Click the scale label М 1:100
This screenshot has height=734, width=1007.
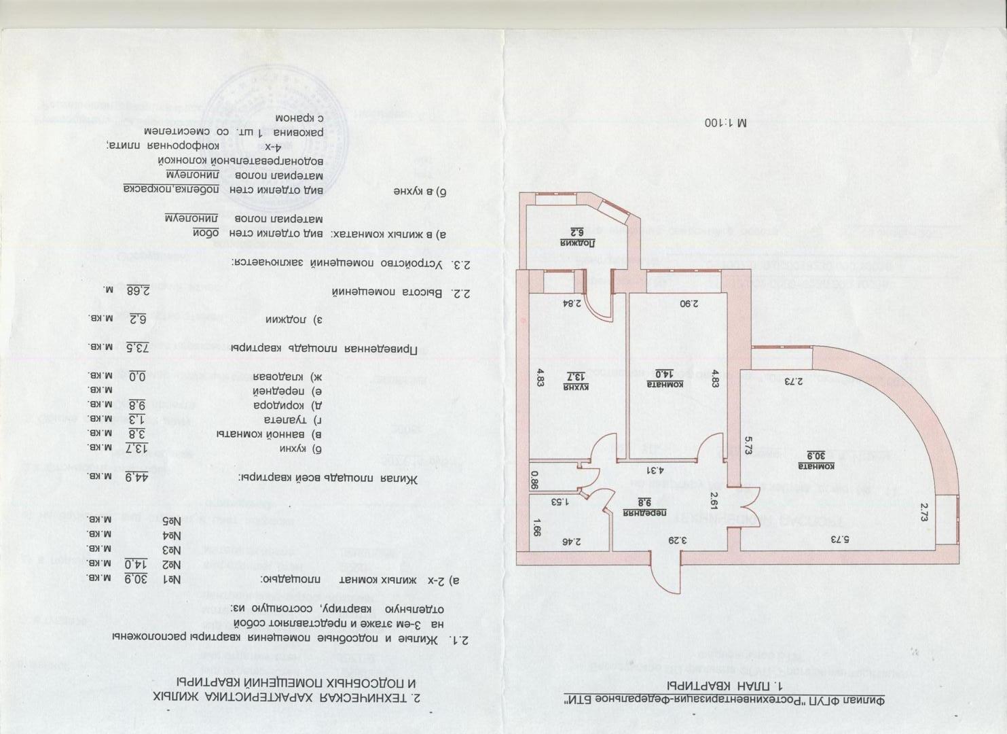tap(726, 123)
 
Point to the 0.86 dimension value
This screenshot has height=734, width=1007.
tap(534, 480)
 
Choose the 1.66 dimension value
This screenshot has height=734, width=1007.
tap(536, 527)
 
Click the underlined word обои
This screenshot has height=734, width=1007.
tap(203, 233)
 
